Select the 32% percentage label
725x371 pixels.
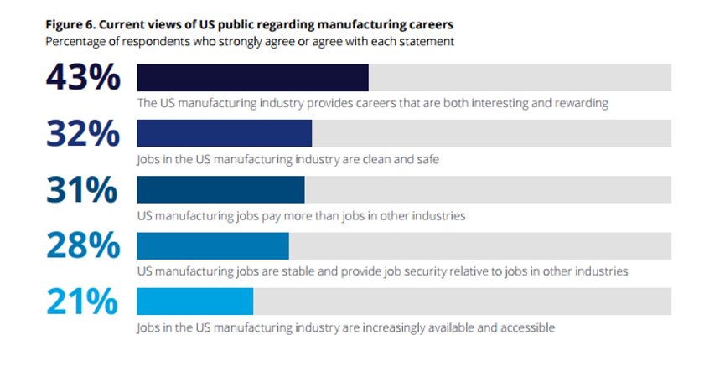[83, 134]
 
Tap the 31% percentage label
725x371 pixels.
[83, 190]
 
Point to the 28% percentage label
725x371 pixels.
[83, 246]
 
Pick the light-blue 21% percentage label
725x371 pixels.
[83, 302]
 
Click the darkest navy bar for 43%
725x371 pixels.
[252, 77]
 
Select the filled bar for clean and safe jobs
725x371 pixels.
[224, 133]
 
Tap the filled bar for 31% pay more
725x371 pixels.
[220, 189]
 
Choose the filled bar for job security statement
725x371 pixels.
[213, 245]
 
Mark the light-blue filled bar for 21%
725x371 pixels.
[194, 301]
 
